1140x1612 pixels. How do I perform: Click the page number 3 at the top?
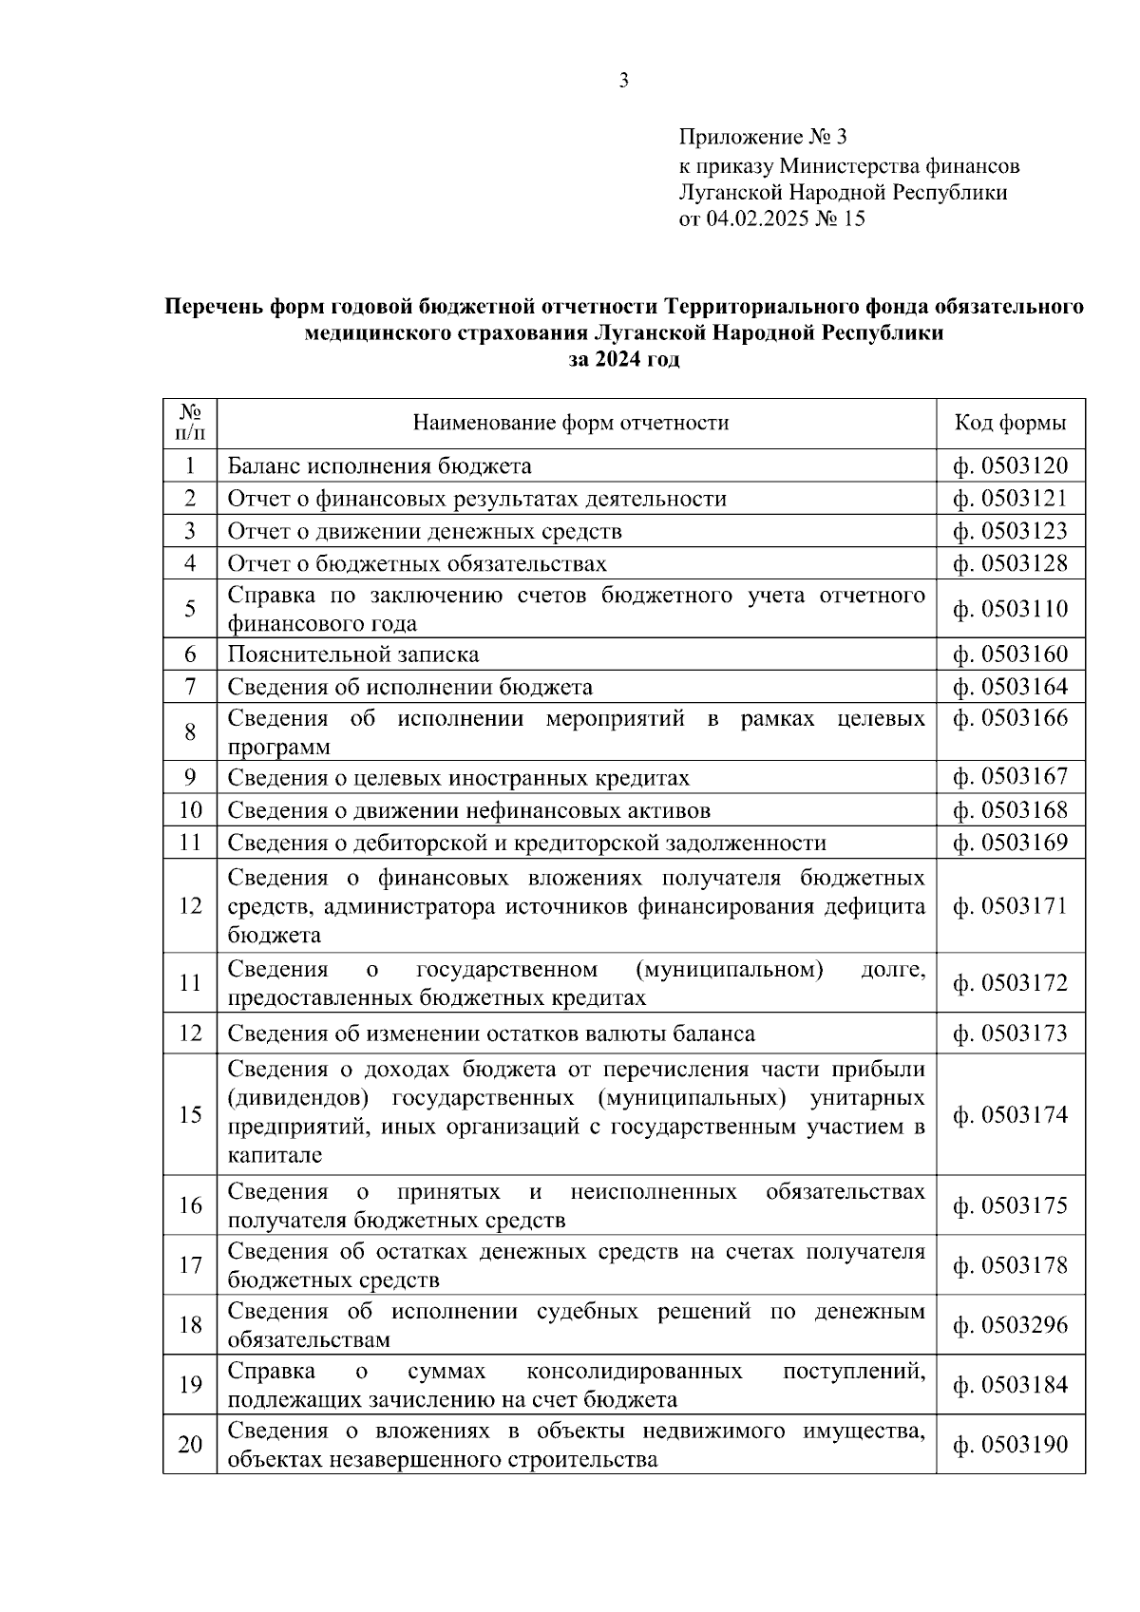point(623,81)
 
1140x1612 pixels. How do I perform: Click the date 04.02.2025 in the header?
point(755,219)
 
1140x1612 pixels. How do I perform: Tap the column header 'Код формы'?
point(1010,423)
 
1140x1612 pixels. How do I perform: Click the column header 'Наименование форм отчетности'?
point(571,423)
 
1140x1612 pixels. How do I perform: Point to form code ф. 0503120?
point(1010,465)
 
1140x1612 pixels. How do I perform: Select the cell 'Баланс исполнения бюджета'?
point(379,465)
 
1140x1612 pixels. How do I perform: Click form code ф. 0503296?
point(1010,1324)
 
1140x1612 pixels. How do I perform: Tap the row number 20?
point(190,1444)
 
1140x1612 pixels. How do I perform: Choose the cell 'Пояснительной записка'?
point(352,654)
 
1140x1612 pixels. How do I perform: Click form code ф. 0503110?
point(1010,608)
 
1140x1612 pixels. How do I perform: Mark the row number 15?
point(190,1113)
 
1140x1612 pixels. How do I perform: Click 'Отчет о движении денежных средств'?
point(424,531)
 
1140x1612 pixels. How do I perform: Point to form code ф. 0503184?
point(1010,1384)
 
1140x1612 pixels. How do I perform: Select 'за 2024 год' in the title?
point(624,360)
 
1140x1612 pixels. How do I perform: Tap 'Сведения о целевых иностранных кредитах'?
point(458,777)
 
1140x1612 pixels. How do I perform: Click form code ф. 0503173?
point(1010,1033)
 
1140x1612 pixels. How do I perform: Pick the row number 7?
point(190,686)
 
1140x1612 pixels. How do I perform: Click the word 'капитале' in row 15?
point(275,1155)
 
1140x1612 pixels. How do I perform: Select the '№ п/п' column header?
point(190,423)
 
